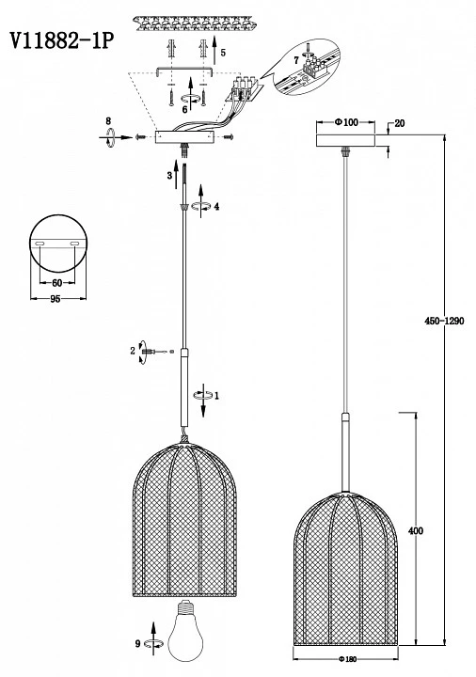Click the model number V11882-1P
click(62, 41)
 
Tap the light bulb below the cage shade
click(185, 631)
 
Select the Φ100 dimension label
click(346, 122)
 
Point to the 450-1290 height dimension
click(444, 321)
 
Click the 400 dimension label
click(416, 530)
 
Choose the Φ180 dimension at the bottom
click(346, 659)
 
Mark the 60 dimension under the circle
click(56, 283)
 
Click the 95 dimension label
click(56, 299)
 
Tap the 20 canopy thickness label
click(400, 123)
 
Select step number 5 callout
click(223, 53)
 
